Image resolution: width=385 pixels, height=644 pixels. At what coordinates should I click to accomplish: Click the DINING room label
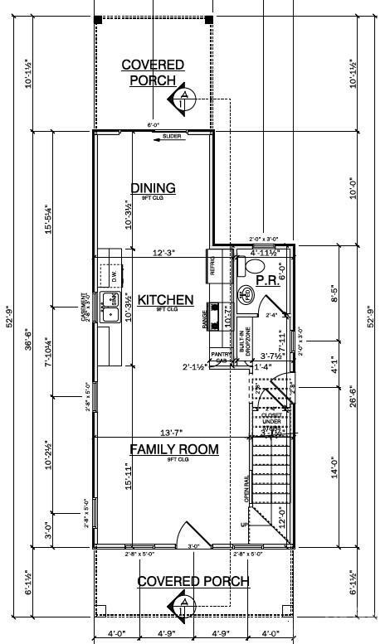click(x=153, y=187)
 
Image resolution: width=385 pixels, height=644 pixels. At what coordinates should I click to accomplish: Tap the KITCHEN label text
click(x=165, y=300)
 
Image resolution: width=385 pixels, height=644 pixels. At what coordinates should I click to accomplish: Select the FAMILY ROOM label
click(x=173, y=449)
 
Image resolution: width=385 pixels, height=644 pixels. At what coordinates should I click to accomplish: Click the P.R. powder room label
click(x=266, y=281)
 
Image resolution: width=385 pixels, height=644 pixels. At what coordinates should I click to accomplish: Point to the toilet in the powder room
click(x=254, y=265)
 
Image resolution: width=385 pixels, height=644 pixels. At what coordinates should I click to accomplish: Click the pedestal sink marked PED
click(x=246, y=294)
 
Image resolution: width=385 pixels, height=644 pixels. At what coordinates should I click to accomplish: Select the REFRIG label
click(x=212, y=266)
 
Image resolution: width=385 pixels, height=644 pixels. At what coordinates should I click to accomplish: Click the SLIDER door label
click(x=172, y=137)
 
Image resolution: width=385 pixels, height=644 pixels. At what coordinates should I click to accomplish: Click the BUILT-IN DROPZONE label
click(x=241, y=340)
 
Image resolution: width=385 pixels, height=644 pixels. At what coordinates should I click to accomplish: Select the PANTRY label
click(x=220, y=354)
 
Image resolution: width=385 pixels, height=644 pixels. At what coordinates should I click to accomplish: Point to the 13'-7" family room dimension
click(x=173, y=432)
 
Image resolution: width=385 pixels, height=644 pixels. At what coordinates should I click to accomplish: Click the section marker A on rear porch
click(x=182, y=100)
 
